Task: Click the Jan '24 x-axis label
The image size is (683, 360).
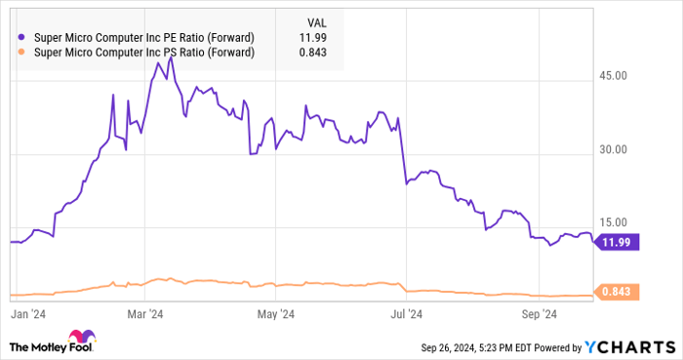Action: click(30, 314)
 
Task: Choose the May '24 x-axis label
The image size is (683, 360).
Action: click(276, 314)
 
